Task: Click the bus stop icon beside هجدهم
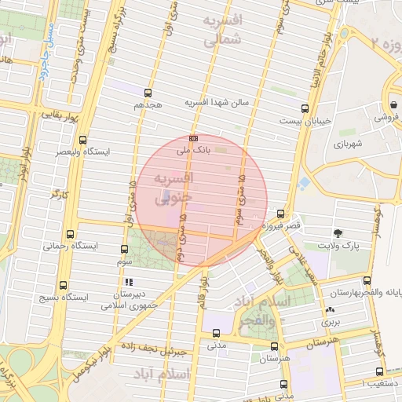coord(137,91)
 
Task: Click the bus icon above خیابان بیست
coord(305,109)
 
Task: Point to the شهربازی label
coord(347,144)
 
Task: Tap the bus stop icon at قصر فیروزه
coord(280,213)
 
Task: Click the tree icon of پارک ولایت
coord(338,233)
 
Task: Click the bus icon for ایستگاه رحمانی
coord(71,233)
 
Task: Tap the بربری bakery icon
coord(329,310)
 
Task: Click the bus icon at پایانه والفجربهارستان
coord(367,280)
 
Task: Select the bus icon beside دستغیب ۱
coord(380,371)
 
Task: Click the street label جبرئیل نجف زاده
coord(160,350)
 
